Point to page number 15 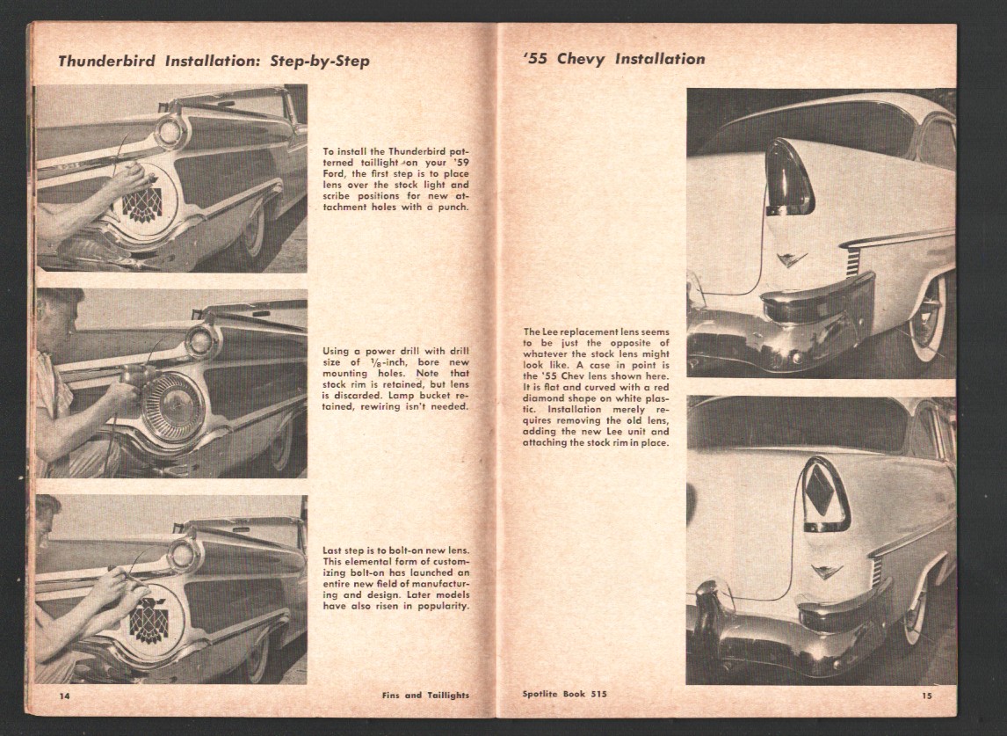click(927, 696)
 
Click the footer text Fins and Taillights click(425, 695)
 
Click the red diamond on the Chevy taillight click(818, 489)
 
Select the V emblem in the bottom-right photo click(827, 572)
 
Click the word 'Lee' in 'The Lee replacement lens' click(547, 332)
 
